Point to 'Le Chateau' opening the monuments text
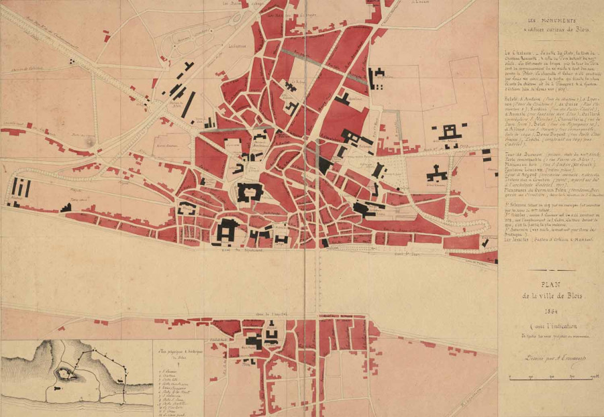tap(517, 52)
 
